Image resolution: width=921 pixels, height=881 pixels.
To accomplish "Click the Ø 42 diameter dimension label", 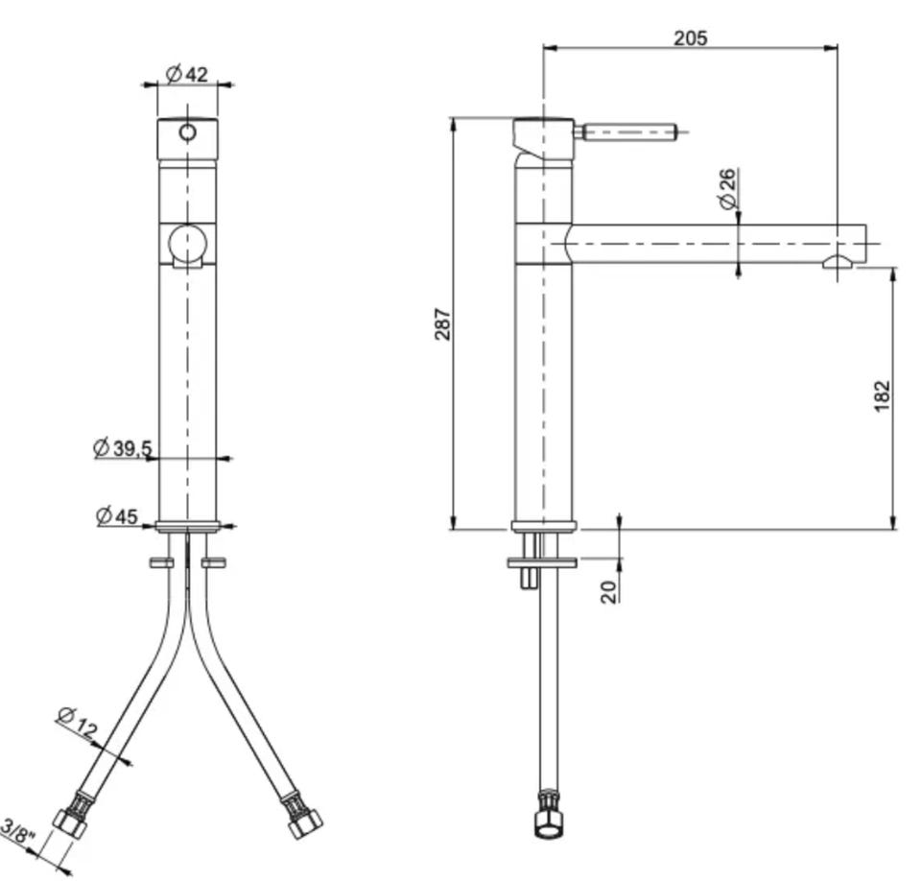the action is pos(187,75).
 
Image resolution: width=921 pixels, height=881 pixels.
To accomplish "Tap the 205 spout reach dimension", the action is pos(690,38).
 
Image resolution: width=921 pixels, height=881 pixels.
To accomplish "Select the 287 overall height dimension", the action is pos(442,323).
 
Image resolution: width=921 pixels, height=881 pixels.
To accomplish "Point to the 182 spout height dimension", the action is pos(882,396).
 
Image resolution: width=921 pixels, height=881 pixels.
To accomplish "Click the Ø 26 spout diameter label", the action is pos(727,189).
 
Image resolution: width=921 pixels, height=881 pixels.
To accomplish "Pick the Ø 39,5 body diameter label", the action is pos(123,448).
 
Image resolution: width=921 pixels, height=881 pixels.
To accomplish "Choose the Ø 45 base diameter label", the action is pos(117,516).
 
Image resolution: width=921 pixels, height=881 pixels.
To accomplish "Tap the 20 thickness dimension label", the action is pos(609,591).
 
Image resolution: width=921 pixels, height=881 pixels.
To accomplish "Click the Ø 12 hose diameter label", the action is pos(78,723).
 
